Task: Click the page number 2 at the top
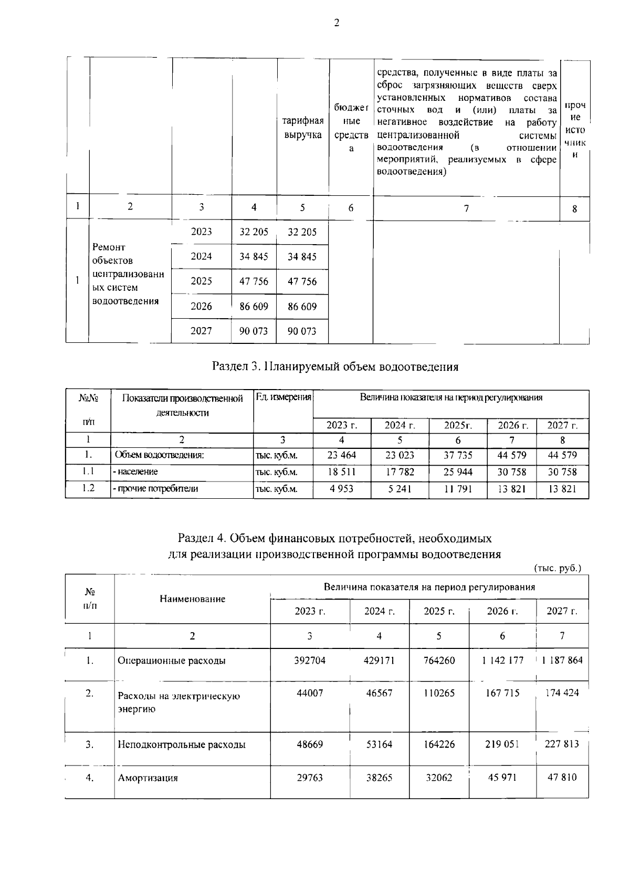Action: click(x=336, y=23)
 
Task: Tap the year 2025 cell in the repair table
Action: click(x=201, y=281)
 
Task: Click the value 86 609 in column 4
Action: click(x=254, y=307)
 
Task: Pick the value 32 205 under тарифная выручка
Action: click(x=302, y=232)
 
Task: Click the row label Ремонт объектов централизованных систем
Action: click(x=128, y=274)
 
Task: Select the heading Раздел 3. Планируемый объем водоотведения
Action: click(x=335, y=366)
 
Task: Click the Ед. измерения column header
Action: click(x=283, y=397)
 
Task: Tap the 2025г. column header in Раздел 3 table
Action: click(x=458, y=426)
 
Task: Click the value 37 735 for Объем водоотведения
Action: click(x=458, y=455)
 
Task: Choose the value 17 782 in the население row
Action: click(x=400, y=472)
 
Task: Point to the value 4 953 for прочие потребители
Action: click(x=341, y=489)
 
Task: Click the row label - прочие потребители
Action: click(x=155, y=489)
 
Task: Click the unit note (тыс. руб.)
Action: click(x=558, y=568)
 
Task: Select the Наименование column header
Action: click(x=192, y=599)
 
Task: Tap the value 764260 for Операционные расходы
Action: click(x=439, y=661)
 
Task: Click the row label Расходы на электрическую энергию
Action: click(x=178, y=703)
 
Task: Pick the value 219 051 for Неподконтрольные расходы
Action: click(x=502, y=744)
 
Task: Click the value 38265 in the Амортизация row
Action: click(x=379, y=778)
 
